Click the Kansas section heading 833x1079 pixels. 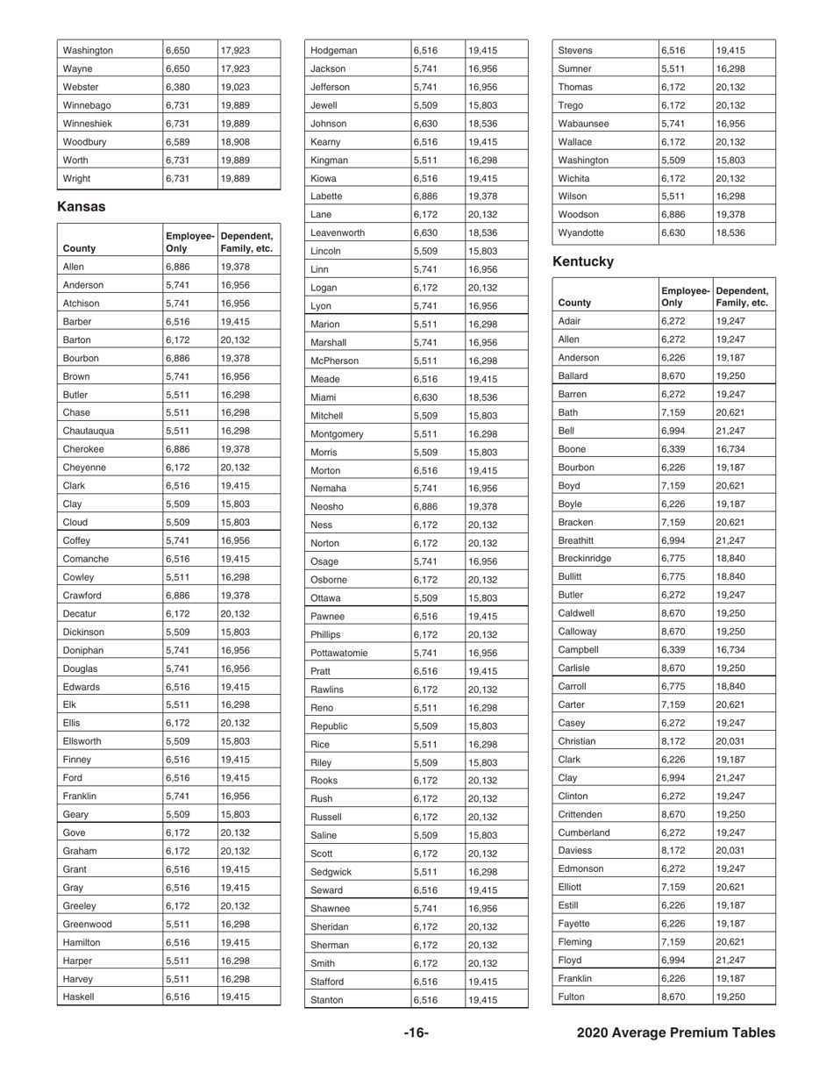point(82,207)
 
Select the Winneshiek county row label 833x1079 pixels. point(87,124)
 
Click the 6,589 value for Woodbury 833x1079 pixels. point(178,141)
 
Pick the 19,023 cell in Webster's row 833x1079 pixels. point(236,87)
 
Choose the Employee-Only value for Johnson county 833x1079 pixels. point(426,124)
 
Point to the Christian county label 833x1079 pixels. point(577,742)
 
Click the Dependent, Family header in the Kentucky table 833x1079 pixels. point(742,297)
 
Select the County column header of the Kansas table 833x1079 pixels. point(81,248)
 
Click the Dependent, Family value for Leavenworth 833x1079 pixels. point(483,233)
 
